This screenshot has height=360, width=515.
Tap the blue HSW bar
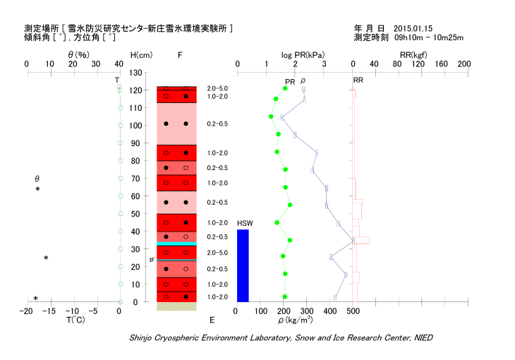point(243,265)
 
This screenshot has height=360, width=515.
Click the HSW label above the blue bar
point(244,224)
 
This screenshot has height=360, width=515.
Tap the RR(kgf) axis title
point(411,55)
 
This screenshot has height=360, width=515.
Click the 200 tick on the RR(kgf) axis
point(464,64)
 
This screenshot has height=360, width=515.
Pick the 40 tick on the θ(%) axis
point(119,64)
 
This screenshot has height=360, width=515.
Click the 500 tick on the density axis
point(353,311)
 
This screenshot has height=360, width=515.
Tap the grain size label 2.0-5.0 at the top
point(217,88)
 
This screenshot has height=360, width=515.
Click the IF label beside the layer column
point(151,260)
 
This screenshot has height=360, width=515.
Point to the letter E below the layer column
point(212,320)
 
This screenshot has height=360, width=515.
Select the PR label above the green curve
point(289,82)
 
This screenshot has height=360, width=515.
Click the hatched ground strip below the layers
point(176,306)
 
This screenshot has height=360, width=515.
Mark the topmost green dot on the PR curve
point(285,88)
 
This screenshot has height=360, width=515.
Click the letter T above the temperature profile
point(117,80)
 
